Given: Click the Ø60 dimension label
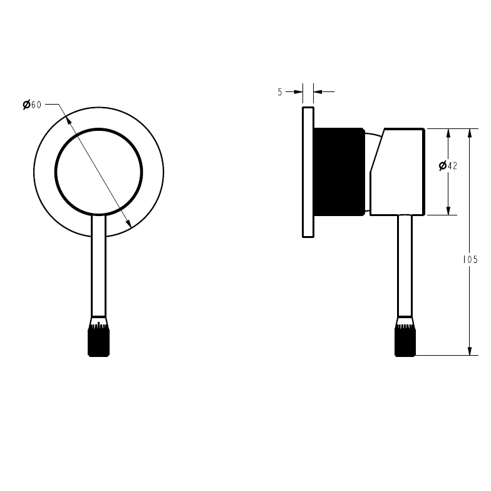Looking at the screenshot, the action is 32,105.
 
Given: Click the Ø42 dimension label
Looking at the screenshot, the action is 448,165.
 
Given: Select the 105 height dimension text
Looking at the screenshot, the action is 470,259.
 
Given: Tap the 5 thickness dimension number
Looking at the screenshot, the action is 280,92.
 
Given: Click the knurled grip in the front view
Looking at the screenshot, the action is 99,340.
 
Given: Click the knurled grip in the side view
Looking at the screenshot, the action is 405,340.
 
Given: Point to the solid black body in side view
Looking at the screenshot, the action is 339,172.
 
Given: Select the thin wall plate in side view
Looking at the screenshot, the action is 308,172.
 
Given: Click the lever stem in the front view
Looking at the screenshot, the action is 99,266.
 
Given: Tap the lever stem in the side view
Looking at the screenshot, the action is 405,266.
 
